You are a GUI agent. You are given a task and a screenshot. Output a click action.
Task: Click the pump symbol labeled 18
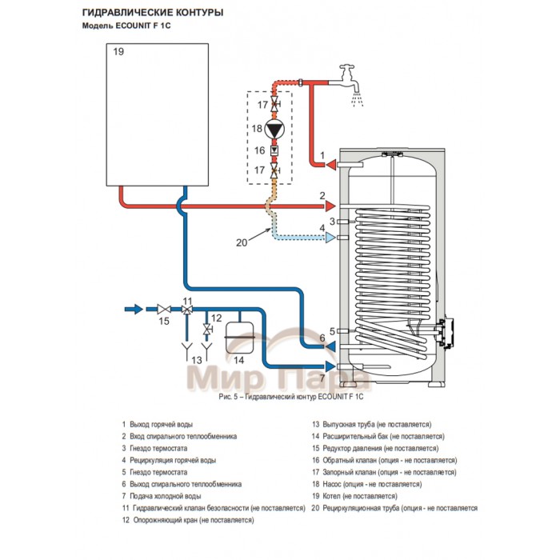(x=274, y=129)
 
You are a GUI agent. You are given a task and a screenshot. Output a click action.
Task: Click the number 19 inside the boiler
(x=118, y=52)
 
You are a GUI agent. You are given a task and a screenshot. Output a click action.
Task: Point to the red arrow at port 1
(x=330, y=165)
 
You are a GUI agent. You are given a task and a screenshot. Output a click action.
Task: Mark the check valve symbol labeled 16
(x=274, y=150)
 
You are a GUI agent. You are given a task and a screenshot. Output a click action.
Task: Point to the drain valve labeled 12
(x=208, y=329)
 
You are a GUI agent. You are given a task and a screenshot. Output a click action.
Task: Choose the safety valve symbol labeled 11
(x=187, y=309)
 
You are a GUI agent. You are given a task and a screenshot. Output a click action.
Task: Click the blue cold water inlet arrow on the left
(x=134, y=308)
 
